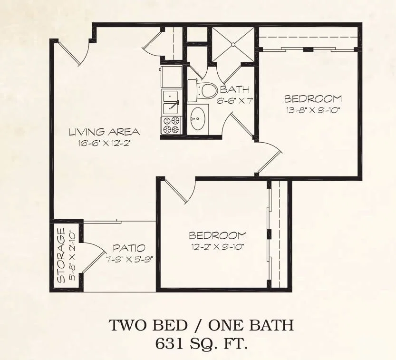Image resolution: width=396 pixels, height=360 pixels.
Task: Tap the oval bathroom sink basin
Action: click(x=198, y=118)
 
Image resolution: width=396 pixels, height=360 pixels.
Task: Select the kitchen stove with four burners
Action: click(x=172, y=125)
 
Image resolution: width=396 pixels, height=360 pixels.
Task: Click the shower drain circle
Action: click(x=233, y=45)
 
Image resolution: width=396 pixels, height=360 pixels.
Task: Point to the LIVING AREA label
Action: click(x=104, y=132)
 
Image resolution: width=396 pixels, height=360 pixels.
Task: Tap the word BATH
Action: click(x=235, y=89)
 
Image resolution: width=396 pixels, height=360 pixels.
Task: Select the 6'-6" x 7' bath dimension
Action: click(x=235, y=101)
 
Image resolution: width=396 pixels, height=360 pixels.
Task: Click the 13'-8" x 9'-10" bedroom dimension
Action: click(x=313, y=110)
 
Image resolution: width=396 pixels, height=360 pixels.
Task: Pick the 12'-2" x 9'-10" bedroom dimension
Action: click(x=217, y=246)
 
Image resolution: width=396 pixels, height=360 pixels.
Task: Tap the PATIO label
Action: click(x=129, y=248)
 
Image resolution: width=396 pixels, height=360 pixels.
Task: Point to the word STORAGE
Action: click(x=61, y=255)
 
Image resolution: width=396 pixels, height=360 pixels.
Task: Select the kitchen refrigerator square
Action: click(x=172, y=77)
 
